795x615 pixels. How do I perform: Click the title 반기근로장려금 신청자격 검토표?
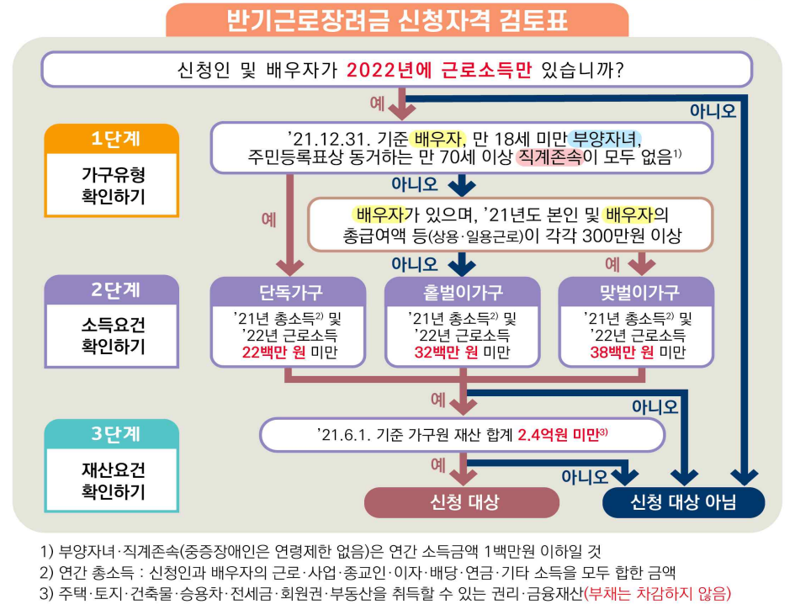pos(397,19)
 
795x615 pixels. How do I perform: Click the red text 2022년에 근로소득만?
pos(439,69)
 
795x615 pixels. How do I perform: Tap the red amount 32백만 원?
pos(446,353)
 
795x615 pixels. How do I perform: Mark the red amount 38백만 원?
pos(622,353)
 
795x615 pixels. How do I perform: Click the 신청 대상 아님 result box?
pos(683,502)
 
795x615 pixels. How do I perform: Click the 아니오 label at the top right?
pos(713,110)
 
